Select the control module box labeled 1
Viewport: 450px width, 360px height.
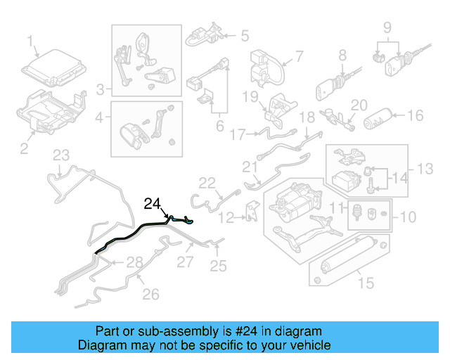pos(56,68)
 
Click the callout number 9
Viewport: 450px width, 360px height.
pos(386,28)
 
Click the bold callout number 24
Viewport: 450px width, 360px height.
pos(153,205)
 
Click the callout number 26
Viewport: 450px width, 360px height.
pos(151,293)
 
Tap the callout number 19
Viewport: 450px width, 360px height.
pos(252,96)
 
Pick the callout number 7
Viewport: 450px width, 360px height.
pos(298,56)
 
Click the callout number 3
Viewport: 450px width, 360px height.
pos(101,89)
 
